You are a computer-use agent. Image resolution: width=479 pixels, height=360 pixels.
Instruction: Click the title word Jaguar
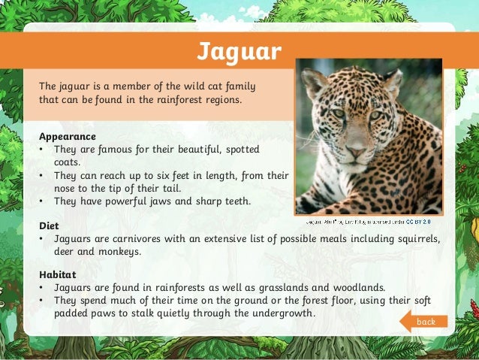pyautogui.click(x=239, y=51)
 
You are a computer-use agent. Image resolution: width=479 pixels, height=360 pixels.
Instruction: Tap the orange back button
pyautogui.click(x=424, y=322)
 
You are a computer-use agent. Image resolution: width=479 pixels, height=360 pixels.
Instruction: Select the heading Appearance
pyautogui.click(x=67, y=137)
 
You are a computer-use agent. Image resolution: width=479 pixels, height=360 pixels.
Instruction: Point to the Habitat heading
pyautogui.click(x=58, y=274)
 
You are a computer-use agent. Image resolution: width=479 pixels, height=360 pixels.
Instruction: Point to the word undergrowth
pyautogui.click(x=279, y=313)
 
